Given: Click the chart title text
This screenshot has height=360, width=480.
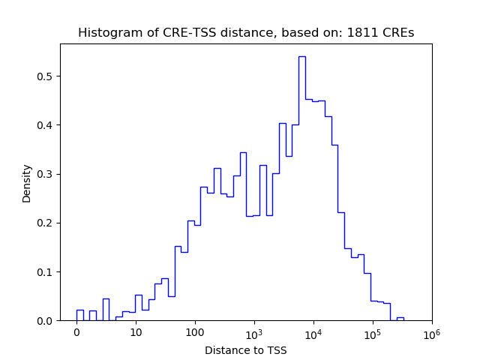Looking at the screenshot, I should point(246,33).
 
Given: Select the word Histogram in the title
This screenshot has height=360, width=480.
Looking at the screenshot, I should point(106,33).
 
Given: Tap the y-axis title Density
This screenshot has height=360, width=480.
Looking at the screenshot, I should point(27,182).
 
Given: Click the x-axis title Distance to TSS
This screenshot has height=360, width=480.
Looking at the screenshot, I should point(246,350).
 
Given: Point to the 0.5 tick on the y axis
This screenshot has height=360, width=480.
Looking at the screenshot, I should point(46,76).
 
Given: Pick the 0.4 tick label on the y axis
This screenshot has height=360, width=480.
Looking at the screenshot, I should point(46,125).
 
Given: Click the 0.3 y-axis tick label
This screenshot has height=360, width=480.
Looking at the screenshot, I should point(46,174).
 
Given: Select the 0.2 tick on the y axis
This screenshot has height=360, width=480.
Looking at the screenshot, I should point(46,223).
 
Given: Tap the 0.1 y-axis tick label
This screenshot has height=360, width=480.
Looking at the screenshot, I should point(46,271).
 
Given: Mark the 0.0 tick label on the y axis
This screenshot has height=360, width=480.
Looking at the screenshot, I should point(46,321).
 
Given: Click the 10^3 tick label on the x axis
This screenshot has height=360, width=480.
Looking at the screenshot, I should point(254,332).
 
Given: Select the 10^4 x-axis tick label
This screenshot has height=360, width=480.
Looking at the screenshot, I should point(313,332).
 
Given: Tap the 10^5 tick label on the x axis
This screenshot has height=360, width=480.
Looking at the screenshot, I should point(373,332).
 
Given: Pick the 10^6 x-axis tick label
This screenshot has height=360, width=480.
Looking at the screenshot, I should point(431,332).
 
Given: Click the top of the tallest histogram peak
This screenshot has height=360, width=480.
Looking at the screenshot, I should point(301,56).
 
